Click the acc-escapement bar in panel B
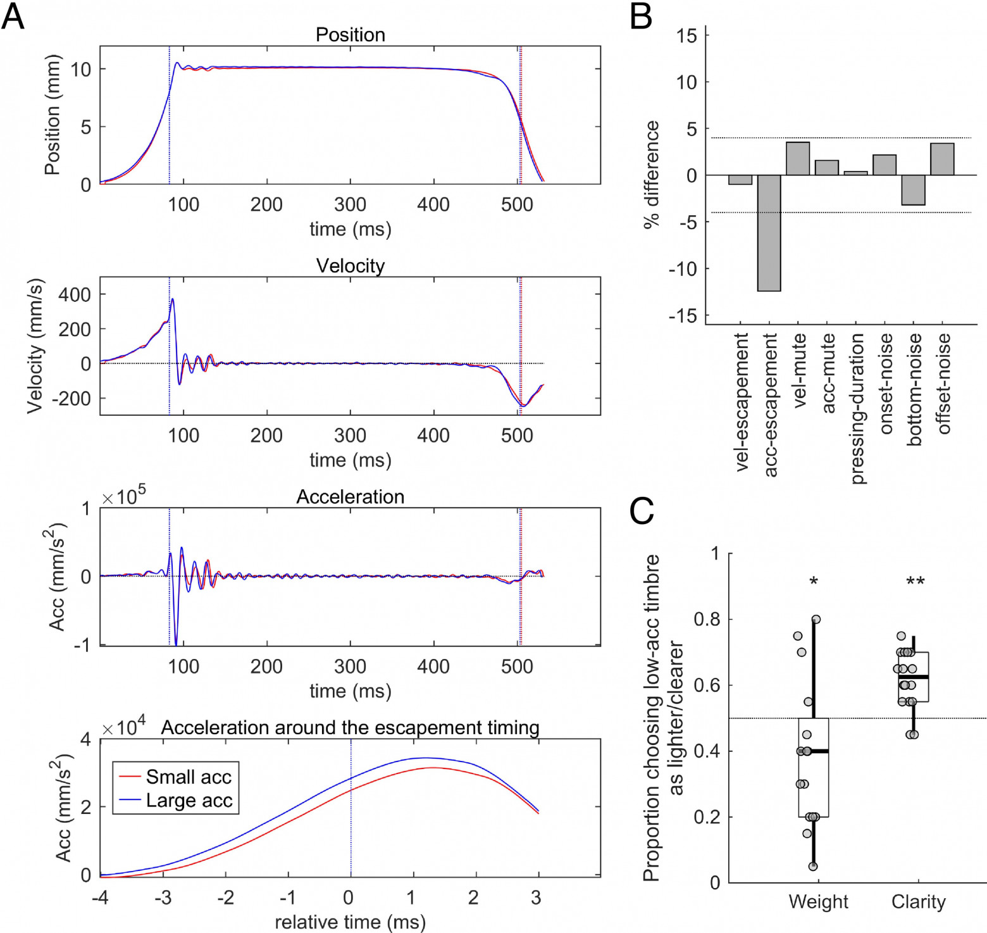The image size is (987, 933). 769,233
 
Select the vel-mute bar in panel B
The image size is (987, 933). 798,158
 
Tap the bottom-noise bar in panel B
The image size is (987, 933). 913,190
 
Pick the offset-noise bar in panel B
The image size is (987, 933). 942,159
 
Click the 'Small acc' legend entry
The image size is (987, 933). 175,777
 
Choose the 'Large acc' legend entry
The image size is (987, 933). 175,801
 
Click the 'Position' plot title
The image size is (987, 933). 351,34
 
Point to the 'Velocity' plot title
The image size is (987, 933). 351,266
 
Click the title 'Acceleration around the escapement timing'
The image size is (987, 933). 351,728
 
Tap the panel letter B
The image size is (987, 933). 641,16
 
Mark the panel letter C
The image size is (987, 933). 642,511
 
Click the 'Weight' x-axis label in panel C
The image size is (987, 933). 818,901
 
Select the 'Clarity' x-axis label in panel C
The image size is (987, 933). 918,901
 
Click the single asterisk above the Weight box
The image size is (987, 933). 814,582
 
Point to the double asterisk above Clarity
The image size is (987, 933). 916,582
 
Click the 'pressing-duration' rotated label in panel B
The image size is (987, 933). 857,409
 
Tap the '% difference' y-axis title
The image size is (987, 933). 651,175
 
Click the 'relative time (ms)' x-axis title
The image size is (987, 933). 350,922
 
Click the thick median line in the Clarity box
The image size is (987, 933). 914,677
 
